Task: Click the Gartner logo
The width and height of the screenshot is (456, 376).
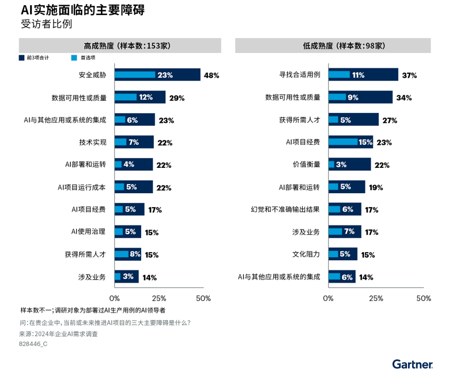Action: (412, 364)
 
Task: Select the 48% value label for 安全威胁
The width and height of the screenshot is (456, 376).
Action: (212, 75)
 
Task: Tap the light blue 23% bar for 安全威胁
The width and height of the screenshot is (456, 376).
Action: (135, 75)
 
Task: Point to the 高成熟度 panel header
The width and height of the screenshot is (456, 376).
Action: (120, 46)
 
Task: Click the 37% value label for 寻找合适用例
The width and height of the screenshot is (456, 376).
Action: (409, 75)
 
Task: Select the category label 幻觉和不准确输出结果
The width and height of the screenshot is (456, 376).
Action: (285, 209)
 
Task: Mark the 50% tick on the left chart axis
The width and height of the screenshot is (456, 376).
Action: (203, 298)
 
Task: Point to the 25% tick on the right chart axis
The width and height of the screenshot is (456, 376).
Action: (376, 298)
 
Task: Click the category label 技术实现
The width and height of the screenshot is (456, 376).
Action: (93, 142)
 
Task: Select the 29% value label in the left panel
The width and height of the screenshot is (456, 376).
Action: (176, 98)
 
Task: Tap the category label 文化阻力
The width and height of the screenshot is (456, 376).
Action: (306, 254)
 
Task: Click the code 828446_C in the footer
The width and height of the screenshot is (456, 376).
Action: (33, 344)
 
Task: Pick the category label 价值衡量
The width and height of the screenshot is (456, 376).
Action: (306, 164)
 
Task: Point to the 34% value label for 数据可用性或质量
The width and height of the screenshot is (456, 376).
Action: (404, 98)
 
